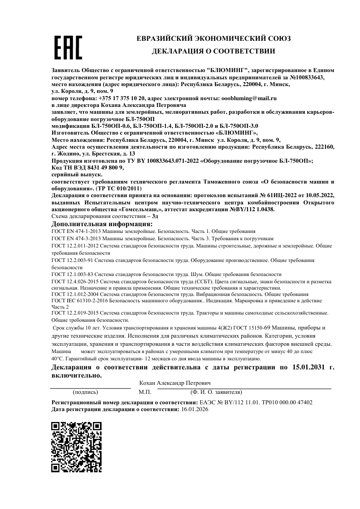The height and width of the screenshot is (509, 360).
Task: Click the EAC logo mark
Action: pos(68,47)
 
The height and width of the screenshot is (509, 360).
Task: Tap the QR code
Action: pos(76,446)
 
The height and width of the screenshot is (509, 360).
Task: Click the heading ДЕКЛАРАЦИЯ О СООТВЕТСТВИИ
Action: pos(214,51)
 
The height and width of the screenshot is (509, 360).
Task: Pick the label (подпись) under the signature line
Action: pos(85,392)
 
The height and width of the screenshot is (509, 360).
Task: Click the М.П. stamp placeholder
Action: pos(145,392)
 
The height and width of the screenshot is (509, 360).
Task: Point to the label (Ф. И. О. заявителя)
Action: pos(216,392)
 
